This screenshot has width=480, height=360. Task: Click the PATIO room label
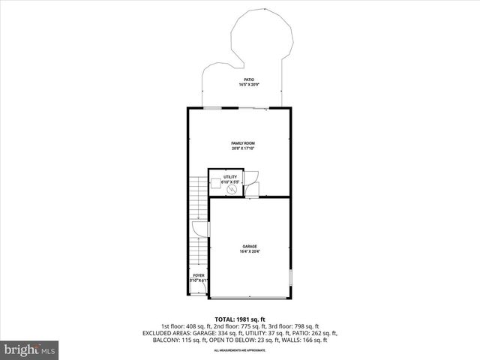(247, 79)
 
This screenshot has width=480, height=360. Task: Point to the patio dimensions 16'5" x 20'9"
(247, 85)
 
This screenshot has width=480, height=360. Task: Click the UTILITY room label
(230, 177)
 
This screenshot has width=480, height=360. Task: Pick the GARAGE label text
(249, 246)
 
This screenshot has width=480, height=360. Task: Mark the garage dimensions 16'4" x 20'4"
(249, 251)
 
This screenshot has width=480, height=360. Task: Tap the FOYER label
(199, 275)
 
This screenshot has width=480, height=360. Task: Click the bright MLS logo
(30, 349)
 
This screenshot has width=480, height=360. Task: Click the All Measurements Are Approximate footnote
(239, 350)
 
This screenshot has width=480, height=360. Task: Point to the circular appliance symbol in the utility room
(232, 190)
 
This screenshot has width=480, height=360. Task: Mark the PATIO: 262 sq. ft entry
(315, 333)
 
